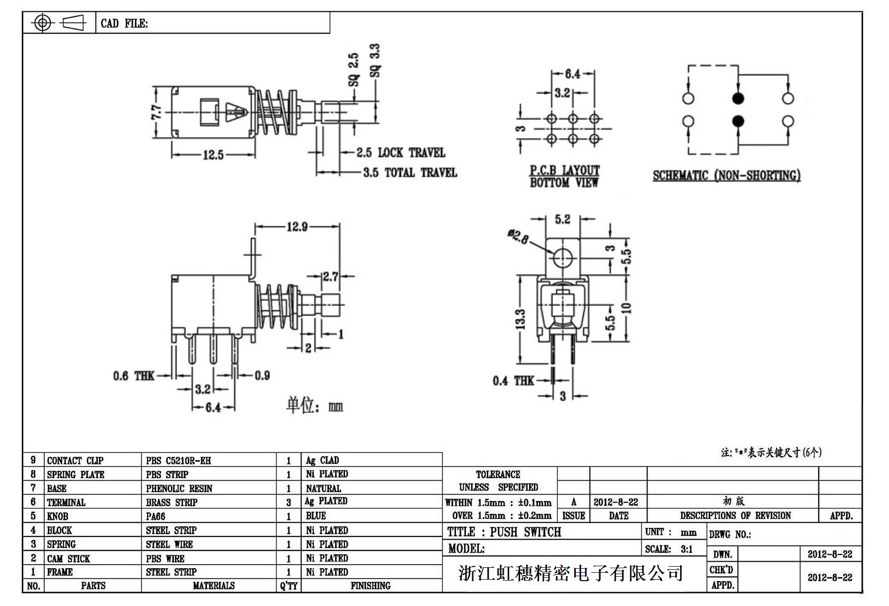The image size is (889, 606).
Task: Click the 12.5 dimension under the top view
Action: [x=213, y=155]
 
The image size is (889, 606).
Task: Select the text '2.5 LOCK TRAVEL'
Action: [x=401, y=152]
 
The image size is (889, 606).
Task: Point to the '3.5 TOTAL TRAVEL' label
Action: [x=410, y=173]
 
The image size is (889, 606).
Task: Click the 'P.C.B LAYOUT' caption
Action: [x=564, y=171]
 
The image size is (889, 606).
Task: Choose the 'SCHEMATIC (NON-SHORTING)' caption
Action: [x=726, y=176]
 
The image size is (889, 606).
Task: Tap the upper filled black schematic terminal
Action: [x=738, y=98]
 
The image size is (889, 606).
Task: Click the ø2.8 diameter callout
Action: [x=518, y=236]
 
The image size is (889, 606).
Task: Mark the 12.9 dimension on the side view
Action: [x=297, y=227]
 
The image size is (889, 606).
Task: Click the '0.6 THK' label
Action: [x=134, y=376]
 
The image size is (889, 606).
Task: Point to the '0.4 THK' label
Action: [x=513, y=381]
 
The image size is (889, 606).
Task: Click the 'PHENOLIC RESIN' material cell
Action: [x=179, y=489]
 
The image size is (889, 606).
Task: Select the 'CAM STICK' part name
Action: [x=69, y=558]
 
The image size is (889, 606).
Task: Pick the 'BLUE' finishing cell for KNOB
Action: [x=316, y=516]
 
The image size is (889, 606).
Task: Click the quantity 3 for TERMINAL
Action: [x=288, y=503]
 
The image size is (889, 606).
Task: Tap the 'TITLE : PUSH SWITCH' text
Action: [x=504, y=532]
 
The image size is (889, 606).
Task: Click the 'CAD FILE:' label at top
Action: [x=124, y=23]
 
